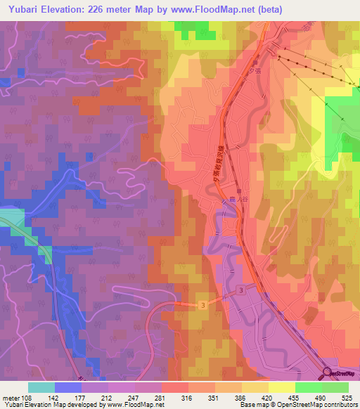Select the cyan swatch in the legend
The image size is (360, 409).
point(41,387)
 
